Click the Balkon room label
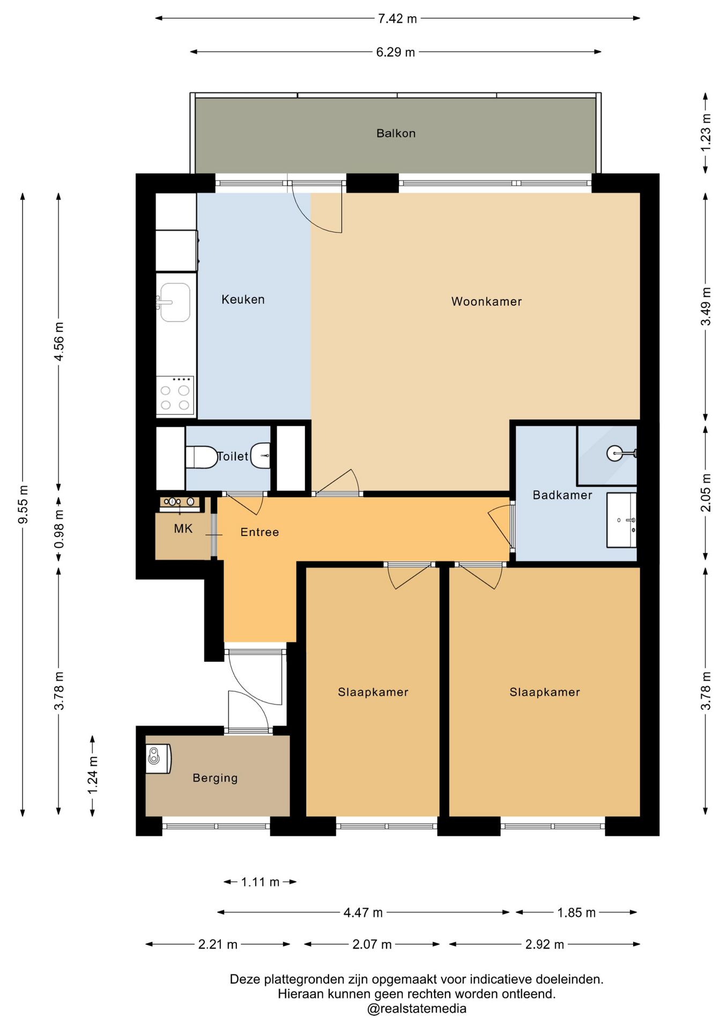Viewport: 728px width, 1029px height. click(396, 133)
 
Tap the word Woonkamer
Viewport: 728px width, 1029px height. click(486, 302)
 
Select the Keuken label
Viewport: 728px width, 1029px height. click(243, 300)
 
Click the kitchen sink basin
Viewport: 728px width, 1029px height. click(175, 302)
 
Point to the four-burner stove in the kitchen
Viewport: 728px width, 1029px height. click(175, 396)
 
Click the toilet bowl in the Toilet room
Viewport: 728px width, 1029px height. click(202, 457)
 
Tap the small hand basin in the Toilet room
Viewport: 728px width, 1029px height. click(261, 456)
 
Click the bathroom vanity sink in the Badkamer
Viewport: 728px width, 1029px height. click(621, 520)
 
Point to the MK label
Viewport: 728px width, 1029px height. click(183, 529)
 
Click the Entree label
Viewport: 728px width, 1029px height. click(259, 532)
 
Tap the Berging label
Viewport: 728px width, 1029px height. click(215, 778)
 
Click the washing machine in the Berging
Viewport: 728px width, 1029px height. click(158, 758)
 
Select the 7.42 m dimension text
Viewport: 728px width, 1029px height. click(397, 19)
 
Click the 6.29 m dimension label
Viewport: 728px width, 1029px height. click(396, 52)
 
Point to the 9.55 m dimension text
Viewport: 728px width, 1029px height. click(23, 505)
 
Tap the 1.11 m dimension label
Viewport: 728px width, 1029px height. click(260, 882)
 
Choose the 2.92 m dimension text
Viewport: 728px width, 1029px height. click(545, 944)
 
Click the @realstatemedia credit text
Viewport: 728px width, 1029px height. click(417, 1008)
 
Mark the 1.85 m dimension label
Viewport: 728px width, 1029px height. click(576, 912)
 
